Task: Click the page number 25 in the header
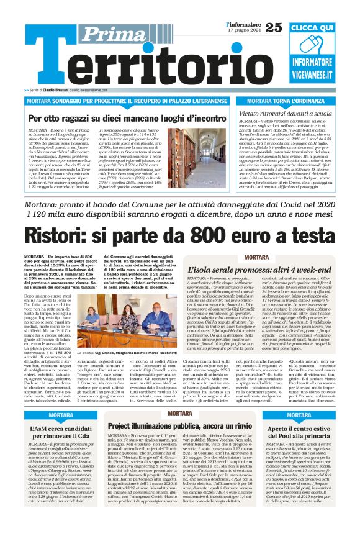(x=274, y=27)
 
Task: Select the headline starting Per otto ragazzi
(x=119, y=118)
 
